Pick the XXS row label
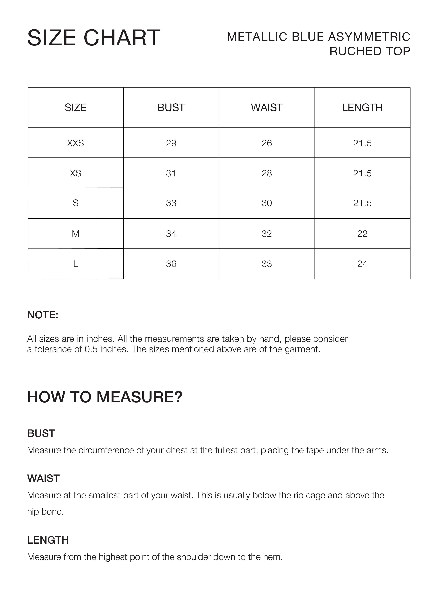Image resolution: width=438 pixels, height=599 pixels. click(76, 143)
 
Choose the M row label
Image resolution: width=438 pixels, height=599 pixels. click(76, 234)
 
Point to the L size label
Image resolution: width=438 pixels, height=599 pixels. click(76, 264)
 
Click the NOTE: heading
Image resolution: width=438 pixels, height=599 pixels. click(43, 315)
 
